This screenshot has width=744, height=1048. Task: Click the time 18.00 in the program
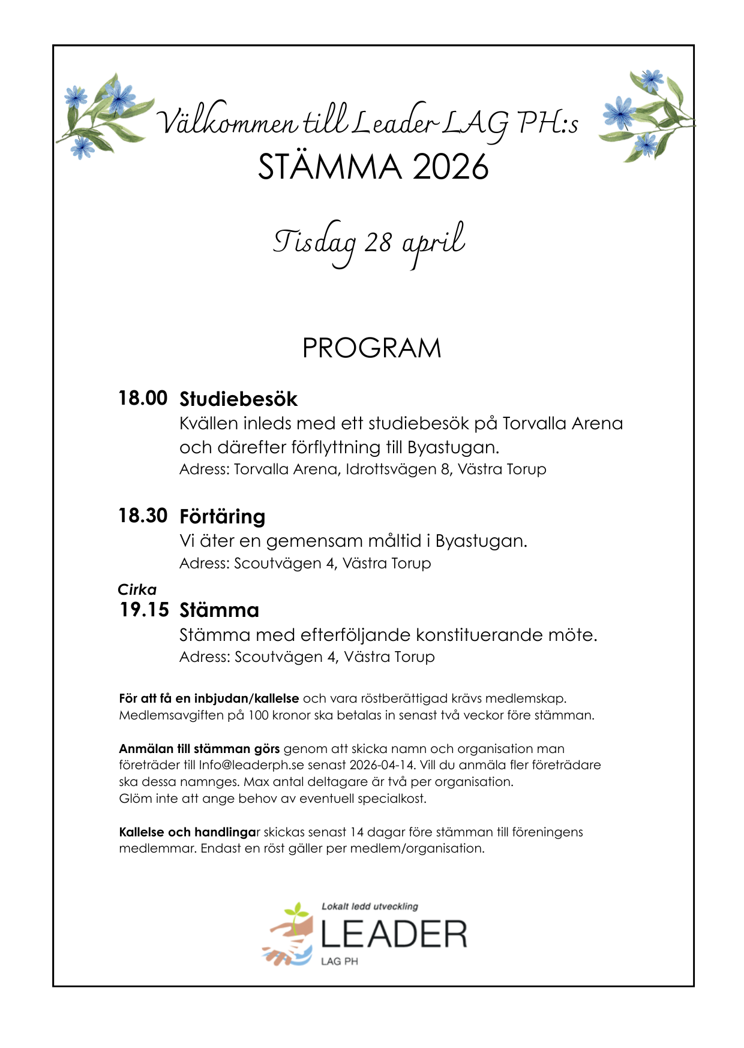pyautogui.click(x=143, y=398)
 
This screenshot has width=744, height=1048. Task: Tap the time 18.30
pyautogui.click(x=143, y=516)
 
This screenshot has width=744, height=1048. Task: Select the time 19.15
pyautogui.click(x=144, y=610)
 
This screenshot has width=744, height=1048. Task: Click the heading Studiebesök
pyautogui.click(x=238, y=399)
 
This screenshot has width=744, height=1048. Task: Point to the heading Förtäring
pyautogui.click(x=222, y=517)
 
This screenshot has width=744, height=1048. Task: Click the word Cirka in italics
pyautogui.click(x=137, y=589)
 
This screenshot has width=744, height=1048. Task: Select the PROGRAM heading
pyautogui.click(x=371, y=348)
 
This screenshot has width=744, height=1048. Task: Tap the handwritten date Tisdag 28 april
pyautogui.click(x=368, y=243)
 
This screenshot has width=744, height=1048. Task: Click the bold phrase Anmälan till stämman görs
pyautogui.click(x=199, y=749)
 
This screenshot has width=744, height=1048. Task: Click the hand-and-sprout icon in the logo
pyautogui.click(x=289, y=935)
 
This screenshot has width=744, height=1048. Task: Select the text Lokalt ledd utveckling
pyautogui.click(x=370, y=907)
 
